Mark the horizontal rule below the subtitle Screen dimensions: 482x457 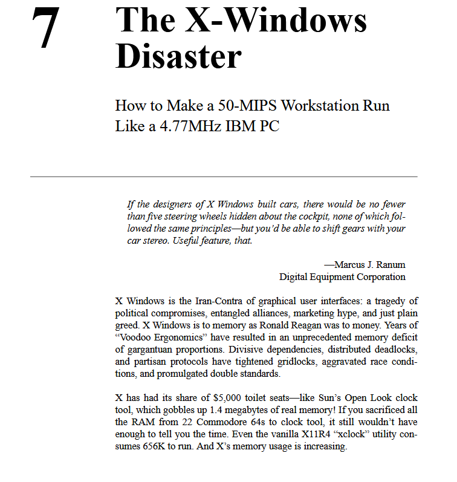point(224,177)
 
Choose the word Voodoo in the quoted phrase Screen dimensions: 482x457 point(137,337)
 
